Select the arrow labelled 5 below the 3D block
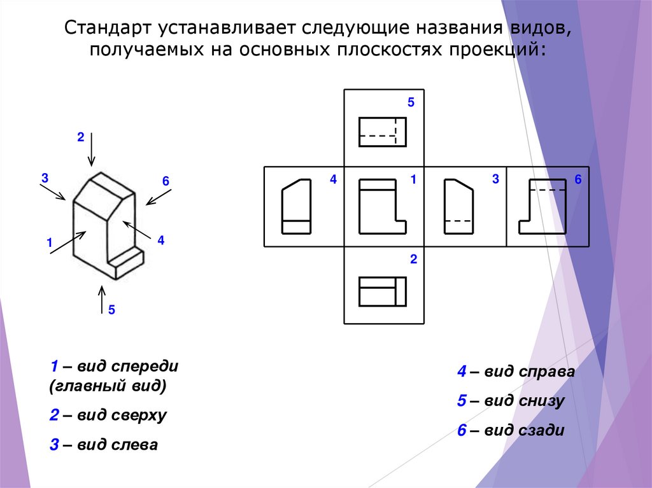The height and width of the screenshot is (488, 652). (101, 300)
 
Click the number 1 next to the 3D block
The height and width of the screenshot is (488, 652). (48, 242)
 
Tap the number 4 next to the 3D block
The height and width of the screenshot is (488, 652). (160, 241)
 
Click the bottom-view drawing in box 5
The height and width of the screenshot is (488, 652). (383, 132)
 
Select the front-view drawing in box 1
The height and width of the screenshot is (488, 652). (383, 206)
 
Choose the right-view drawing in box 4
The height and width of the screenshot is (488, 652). (297, 206)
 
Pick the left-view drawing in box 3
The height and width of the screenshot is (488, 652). (458, 206)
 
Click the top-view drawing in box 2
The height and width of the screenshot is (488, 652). (383, 291)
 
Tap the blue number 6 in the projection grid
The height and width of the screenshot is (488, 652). (578, 180)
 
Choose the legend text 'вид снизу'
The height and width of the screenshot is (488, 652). (523, 401)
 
